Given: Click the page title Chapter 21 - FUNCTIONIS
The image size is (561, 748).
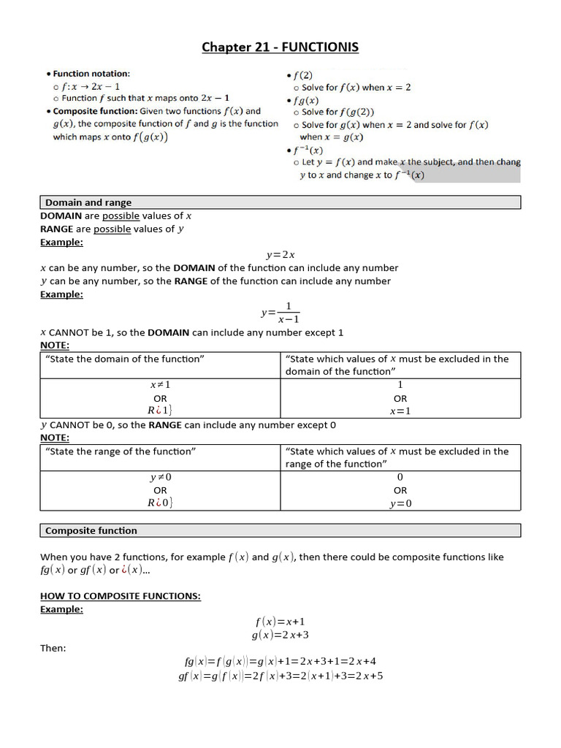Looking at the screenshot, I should [x=280, y=48].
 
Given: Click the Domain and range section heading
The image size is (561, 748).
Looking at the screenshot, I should [x=88, y=202].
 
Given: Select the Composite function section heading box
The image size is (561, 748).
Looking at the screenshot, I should [x=91, y=530].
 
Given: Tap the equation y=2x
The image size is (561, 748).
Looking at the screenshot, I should [x=280, y=254].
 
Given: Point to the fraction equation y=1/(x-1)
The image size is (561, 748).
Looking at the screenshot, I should [x=280, y=312].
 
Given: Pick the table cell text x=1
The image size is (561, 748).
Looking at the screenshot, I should [x=400, y=411].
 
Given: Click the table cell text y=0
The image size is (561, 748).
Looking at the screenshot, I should [x=400, y=503].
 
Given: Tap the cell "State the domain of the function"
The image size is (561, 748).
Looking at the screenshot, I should [x=125, y=359].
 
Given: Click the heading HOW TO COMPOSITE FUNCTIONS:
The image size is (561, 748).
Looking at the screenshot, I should [x=121, y=596].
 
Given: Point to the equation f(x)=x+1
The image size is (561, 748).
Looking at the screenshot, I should [x=280, y=622].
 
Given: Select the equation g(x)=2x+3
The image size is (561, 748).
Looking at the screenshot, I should [x=280, y=635].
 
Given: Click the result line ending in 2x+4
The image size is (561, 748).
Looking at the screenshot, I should [x=280, y=661].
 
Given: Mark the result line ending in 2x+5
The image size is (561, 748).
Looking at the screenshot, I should [x=280, y=676].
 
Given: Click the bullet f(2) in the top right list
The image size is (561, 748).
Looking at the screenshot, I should [x=302, y=75].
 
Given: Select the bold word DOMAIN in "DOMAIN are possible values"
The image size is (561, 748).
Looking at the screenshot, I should [x=61, y=215].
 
